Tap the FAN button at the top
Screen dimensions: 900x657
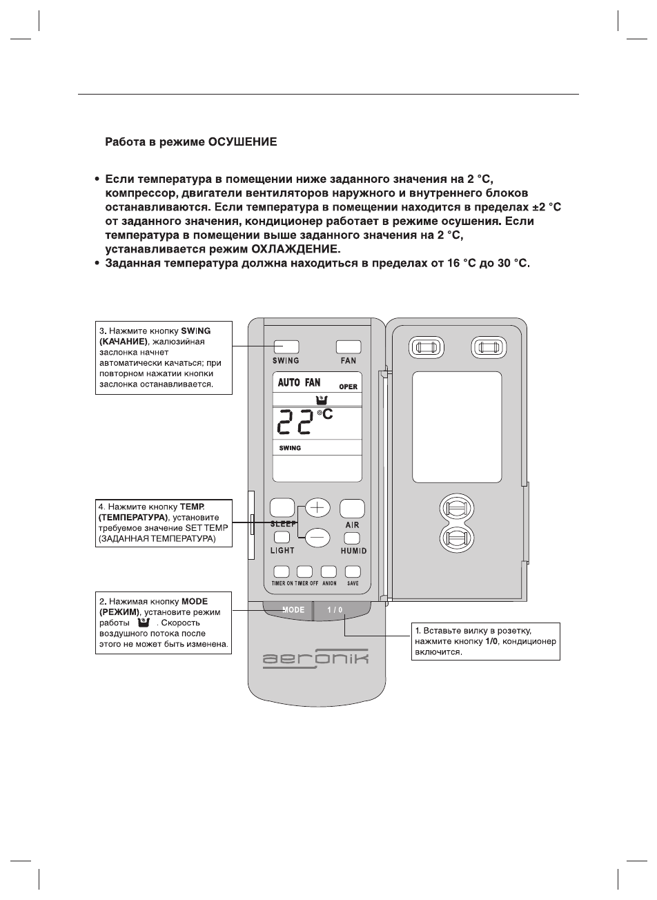(x=349, y=346)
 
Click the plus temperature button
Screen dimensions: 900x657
(x=317, y=508)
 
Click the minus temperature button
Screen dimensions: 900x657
(x=317, y=537)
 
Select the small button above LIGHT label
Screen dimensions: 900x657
(x=282, y=538)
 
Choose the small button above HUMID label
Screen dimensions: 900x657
(x=353, y=538)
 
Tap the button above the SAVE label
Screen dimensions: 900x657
(x=353, y=571)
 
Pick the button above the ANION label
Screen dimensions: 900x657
(x=329, y=571)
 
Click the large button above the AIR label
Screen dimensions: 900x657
(x=352, y=509)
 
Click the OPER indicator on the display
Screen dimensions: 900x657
(x=348, y=387)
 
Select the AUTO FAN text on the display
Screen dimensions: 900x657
(x=299, y=382)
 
